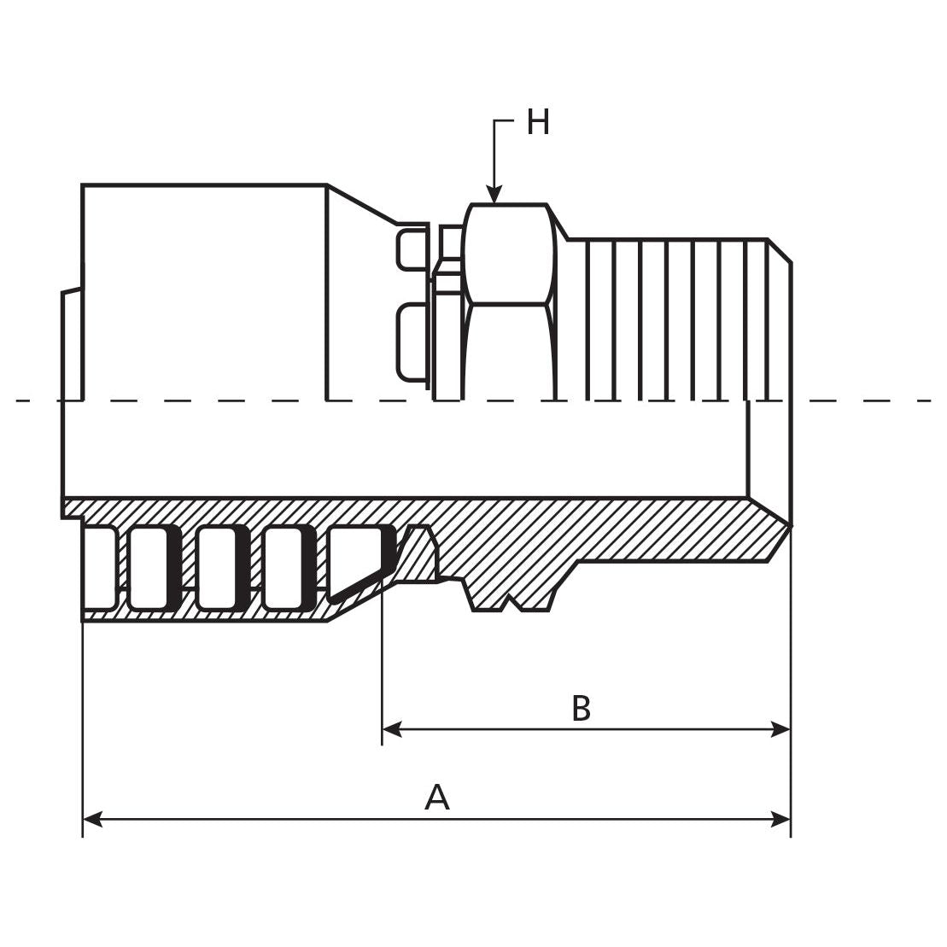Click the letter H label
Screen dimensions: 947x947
pos(537,123)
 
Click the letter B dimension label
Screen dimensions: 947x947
pos(581,709)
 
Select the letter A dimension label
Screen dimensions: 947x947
pos(436,798)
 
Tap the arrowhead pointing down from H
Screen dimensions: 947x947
pos(494,196)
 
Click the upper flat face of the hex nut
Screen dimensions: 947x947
pos(508,254)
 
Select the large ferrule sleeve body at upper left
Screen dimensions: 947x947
pos(205,290)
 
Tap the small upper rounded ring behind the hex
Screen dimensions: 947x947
pos(412,249)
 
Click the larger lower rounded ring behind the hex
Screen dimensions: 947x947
pos(412,342)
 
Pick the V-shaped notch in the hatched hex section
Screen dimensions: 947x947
pos(510,603)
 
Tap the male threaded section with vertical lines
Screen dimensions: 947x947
pos(675,320)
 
